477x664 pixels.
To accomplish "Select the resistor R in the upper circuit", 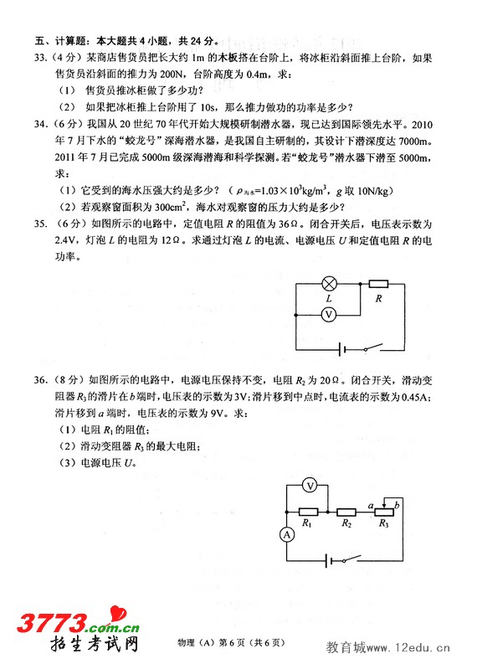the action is tap(378, 284).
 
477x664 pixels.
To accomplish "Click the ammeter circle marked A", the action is tap(286, 533).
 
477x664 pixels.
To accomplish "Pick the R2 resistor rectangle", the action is tap(346, 510).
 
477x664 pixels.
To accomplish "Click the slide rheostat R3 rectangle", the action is tap(383, 510).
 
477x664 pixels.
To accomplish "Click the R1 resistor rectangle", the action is tap(308, 510).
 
